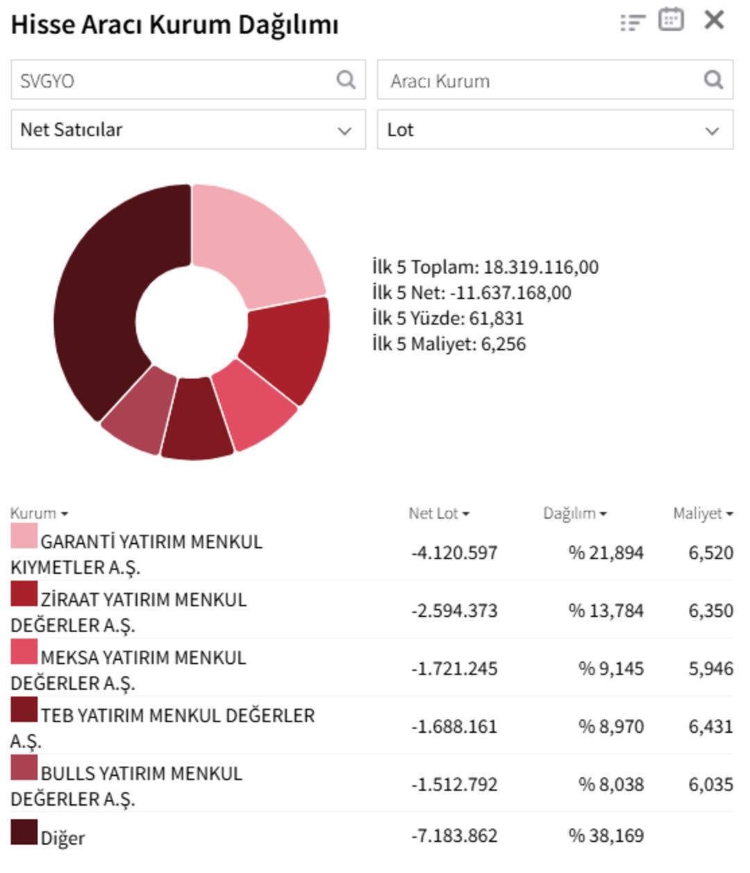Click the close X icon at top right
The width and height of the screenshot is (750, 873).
click(714, 20)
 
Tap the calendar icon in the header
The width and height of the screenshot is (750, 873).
click(671, 19)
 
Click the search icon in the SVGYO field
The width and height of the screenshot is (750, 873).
click(346, 80)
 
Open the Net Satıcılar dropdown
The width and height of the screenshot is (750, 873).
click(187, 130)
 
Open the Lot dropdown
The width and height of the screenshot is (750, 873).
click(554, 130)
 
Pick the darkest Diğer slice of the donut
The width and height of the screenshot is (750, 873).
click(104, 299)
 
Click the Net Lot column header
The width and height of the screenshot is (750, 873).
click(438, 514)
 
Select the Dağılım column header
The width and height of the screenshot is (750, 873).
click(574, 514)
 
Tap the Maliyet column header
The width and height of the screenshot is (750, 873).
click(702, 514)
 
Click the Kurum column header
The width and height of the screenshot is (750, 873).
click(39, 514)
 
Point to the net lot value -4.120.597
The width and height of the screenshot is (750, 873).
click(454, 554)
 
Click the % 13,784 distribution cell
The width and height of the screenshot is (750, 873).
click(606, 611)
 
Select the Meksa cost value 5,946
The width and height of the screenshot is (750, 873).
click(710, 669)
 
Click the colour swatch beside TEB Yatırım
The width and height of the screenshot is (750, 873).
click(24, 710)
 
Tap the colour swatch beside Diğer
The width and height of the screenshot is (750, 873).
click(24, 832)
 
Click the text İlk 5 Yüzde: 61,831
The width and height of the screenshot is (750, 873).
click(448, 319)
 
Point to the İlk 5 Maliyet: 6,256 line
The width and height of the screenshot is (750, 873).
click(449, 344)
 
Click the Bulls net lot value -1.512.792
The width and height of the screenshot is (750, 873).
click(454, 785)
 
